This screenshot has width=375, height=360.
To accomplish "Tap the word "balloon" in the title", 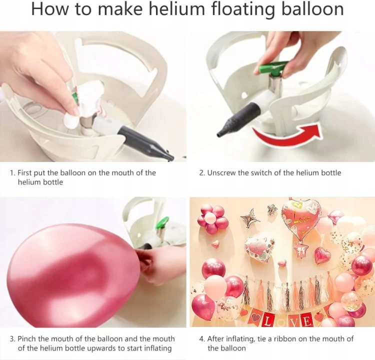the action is [x=312, y=8].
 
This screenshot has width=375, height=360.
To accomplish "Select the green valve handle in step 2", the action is [x=272, y=67].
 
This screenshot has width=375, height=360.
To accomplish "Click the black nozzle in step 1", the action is [x=147, y=142].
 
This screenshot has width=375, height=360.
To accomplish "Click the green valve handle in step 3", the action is [x=162, y=222].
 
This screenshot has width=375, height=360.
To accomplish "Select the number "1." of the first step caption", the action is [x=12, y=172].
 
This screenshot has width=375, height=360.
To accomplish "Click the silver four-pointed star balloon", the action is [x=250, y=217].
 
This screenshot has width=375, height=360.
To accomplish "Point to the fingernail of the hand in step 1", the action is [x=76, y=111].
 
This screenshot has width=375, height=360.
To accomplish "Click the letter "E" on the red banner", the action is [x=307, y=321].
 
